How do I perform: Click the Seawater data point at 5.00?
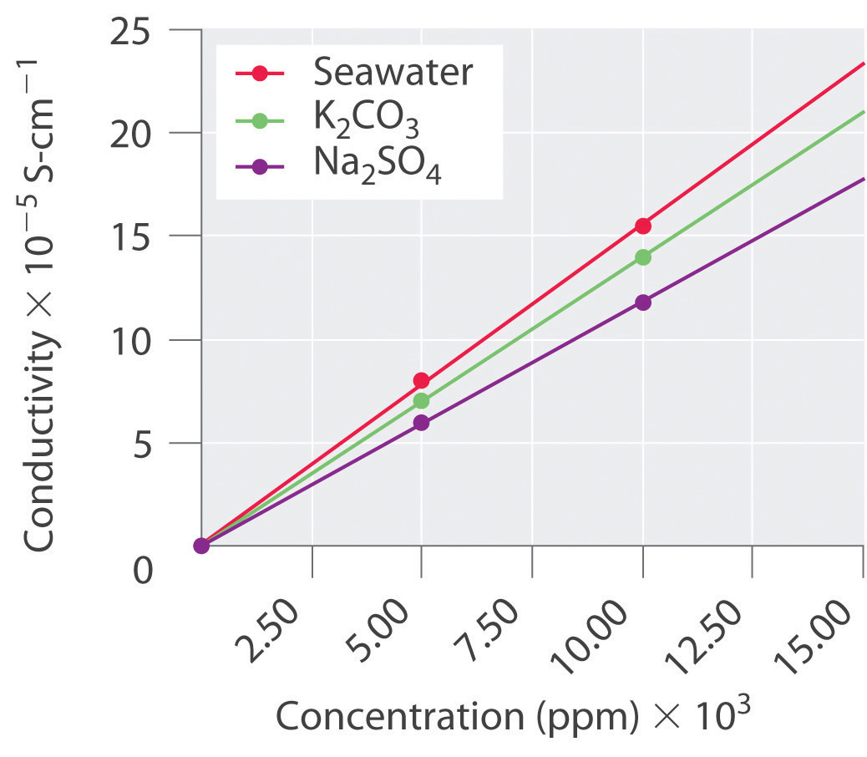point(422,380)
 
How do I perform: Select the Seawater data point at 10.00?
point(642,226)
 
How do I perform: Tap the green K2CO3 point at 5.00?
point(422,400)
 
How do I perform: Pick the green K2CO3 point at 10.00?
point(642,257)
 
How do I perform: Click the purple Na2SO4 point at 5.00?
point(422,423)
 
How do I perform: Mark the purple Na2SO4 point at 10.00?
point(642,302)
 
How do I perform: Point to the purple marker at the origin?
point(201,546)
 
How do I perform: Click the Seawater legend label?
point(393,73)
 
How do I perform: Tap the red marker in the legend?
point(260,74)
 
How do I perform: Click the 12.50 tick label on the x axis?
point(715,632)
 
